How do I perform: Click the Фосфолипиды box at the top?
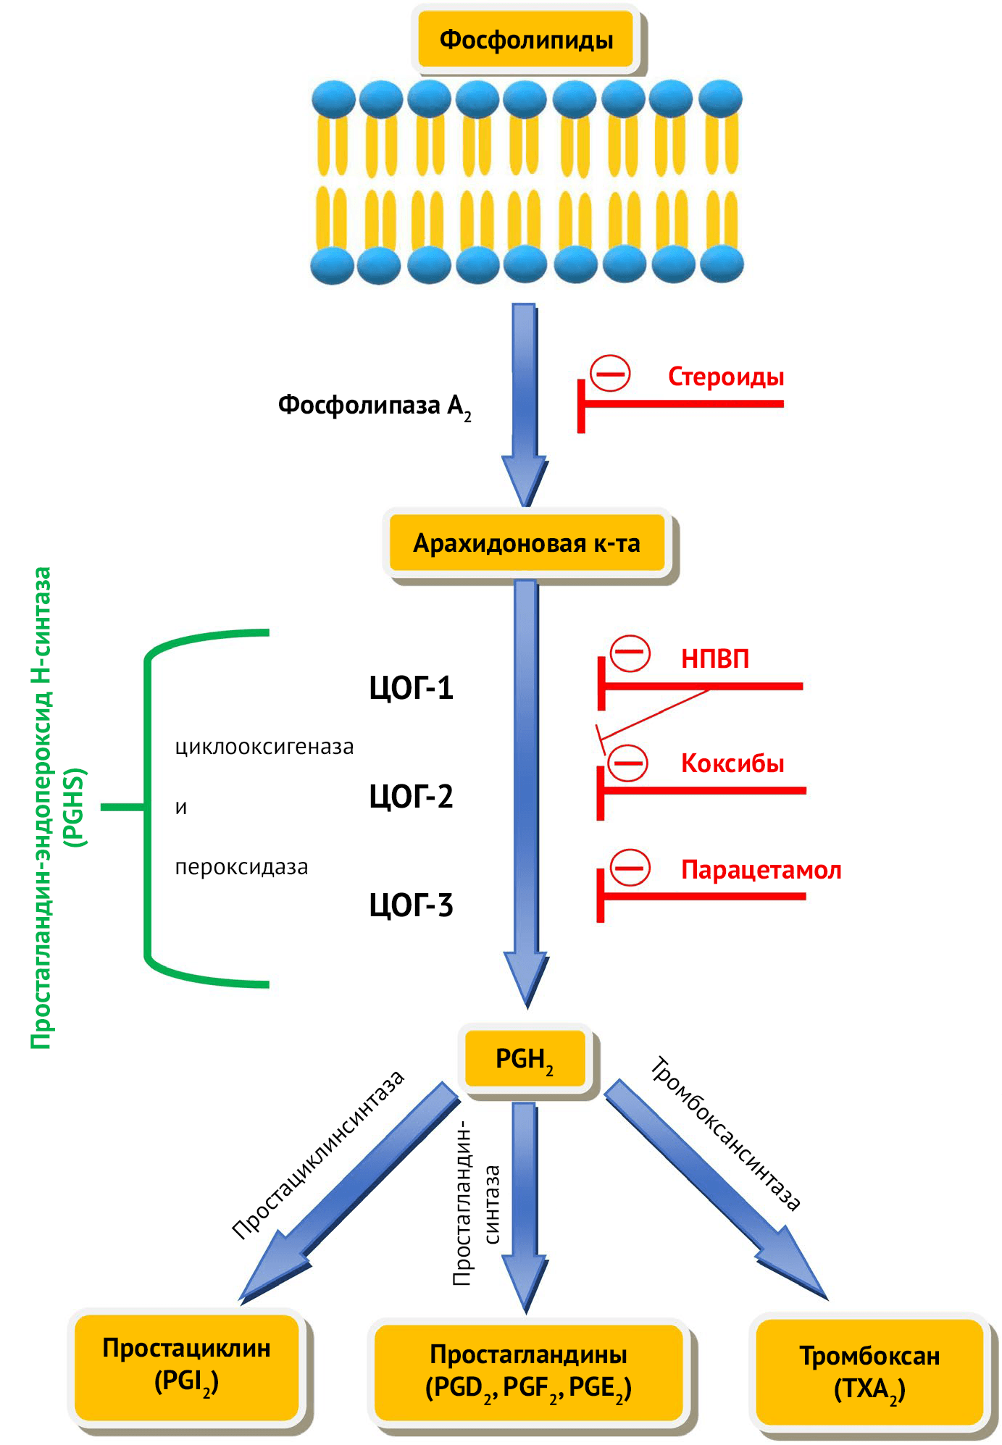[526, 39]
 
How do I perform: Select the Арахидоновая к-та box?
[527, 543]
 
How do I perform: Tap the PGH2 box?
[525, 1059]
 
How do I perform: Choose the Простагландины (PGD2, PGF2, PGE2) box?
[528, 1370]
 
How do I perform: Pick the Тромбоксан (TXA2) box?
[869, 1372]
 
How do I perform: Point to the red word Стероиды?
[725, 377]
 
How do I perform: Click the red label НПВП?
[714, 658]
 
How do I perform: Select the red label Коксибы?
[732, 763]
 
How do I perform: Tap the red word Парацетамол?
[761, 869]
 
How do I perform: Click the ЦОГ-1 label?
[411, 688]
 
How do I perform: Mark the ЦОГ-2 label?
[411, 797]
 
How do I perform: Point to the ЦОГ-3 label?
[411, 905]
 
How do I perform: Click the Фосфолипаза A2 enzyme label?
[374, 406]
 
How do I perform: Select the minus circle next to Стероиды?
[610, 374]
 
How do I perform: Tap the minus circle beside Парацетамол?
[630, 868]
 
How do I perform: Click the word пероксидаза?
[241, 867]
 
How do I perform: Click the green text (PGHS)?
[75, 807]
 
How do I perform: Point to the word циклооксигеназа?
[264, 747]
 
